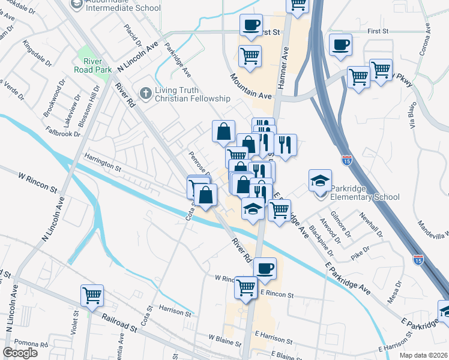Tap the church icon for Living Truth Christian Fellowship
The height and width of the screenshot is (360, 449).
144,94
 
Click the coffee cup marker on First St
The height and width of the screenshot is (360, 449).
251,25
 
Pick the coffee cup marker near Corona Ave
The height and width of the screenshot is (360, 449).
340,44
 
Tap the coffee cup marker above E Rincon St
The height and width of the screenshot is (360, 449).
265,268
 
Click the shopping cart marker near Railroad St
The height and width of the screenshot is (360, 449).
92,295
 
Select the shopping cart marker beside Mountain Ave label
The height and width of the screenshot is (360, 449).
250,56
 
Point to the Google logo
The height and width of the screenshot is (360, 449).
20,353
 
